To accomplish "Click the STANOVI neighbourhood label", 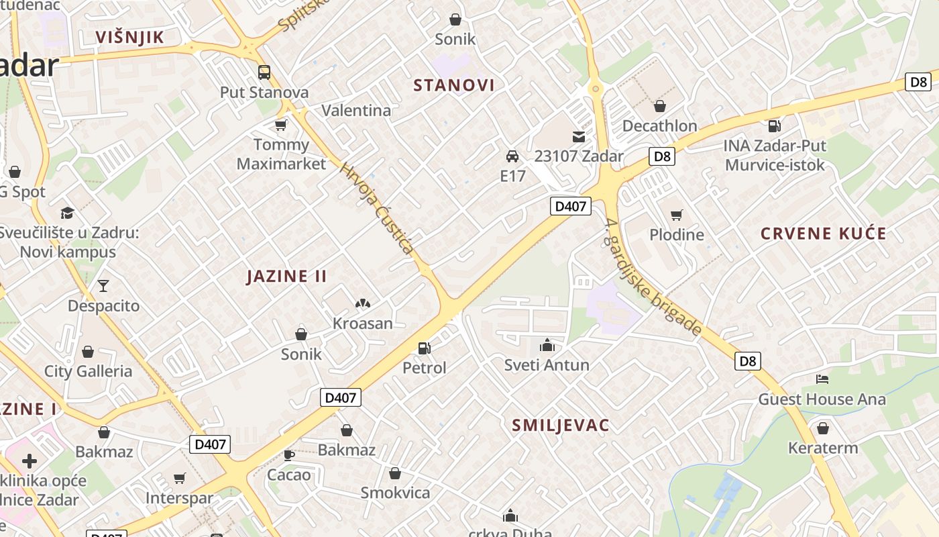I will tap(454, 85).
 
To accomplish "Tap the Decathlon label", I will tap(659, 126).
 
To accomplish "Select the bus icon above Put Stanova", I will tap(264, 72).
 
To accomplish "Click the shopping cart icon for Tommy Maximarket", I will tap(281, 125).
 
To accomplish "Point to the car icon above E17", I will tap(512, 156).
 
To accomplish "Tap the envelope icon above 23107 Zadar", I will tap(579, 137).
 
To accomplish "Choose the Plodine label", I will tap(677, 235).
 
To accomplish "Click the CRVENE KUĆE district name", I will tap(823, 234).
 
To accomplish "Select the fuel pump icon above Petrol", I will tap(424, 348).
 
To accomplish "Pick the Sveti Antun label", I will tap(547, 365).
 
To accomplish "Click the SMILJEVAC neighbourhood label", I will tap(561, 425).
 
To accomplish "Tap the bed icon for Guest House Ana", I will tap(822, 379).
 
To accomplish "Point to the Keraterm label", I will tap(823, 448).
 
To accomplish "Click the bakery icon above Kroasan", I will tap(363, 304).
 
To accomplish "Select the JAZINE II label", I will tap(286, 277).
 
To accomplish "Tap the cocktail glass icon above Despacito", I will tap(103, 286).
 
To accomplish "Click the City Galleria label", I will tap(88, 371).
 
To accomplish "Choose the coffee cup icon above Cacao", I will tap(289, 455).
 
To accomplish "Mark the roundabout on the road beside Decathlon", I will tap(594, 88).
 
